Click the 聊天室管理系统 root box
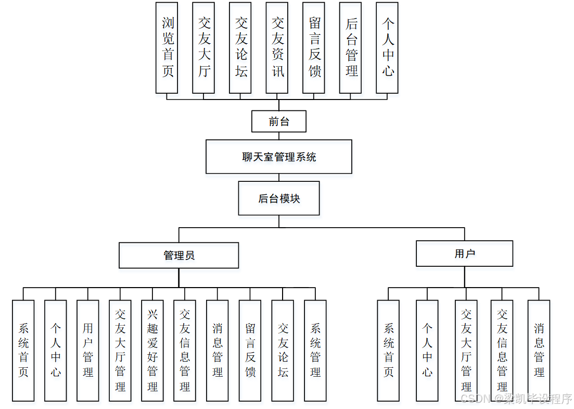pos(278,156)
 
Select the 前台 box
pos(278,121)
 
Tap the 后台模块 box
pos(278,198)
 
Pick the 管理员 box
pos(178,255)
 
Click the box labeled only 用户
pos(464,254)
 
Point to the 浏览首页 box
pos(167,47)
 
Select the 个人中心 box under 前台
pos(387,47)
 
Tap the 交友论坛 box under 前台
pos(240,47)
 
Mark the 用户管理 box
pos(87,350)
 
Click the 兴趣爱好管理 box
pos(152,350)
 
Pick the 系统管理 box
pos(315,350)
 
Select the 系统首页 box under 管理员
pos(23,350)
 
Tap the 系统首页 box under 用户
pos(388,350)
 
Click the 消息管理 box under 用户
pos(539,350)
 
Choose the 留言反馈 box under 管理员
pos(250,350)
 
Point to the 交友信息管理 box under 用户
pos(502,350)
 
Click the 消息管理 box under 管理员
pos(217,350)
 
